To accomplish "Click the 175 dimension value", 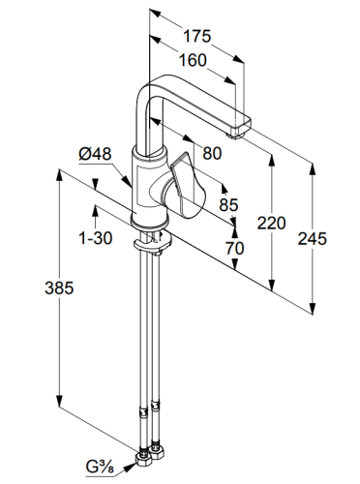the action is click(x=197, y=36).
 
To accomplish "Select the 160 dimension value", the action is click(x=193, y=60).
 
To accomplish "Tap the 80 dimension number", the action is click(x=212, y=153).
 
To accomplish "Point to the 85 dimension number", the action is click(x=228, y=204).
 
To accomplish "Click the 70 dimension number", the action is click(x=234, y=248).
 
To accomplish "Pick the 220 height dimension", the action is click(x=271, y=223).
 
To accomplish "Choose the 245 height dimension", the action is click(x=312, y=239).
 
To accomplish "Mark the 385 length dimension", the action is click(x=59, y=287).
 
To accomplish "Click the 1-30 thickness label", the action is click(x=96, y=238).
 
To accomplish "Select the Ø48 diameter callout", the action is click(x=95, y=154).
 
